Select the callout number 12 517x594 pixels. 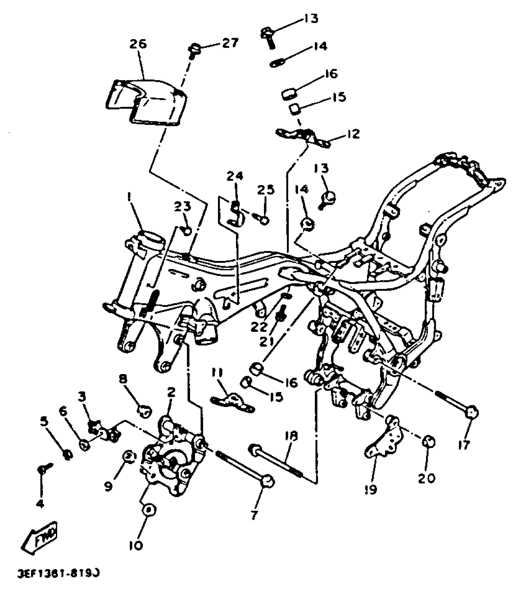click(x=353, y=134)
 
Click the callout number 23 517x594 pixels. click(x=182, y=207)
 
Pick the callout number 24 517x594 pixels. click(x=235, y=176)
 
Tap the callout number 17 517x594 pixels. click(x=464, y=445)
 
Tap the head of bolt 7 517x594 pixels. click(x=268, y=481)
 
